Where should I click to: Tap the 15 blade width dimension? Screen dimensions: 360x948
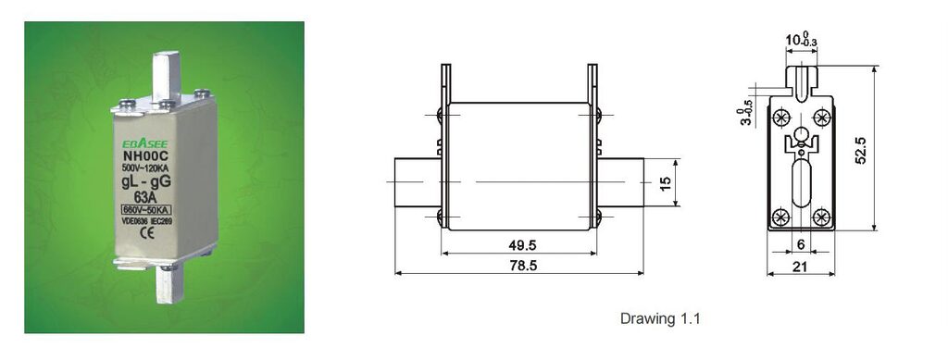(665, 183)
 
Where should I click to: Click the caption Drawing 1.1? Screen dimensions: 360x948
(660, 319)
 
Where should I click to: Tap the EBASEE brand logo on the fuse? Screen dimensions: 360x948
(141, 144)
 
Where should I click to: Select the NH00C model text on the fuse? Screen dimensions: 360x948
(142, 157)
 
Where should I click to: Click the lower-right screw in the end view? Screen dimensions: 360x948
(820, 217)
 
